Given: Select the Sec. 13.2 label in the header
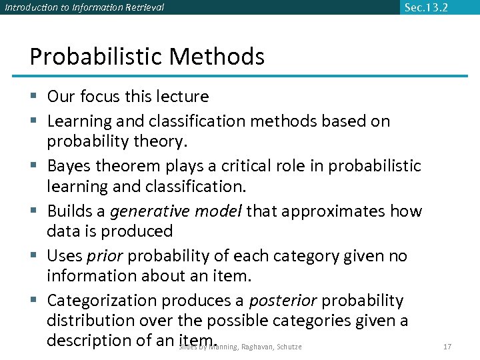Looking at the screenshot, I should [426, 7].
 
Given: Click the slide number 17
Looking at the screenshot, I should [447, 347].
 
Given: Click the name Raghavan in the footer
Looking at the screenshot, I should [257, 347].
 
